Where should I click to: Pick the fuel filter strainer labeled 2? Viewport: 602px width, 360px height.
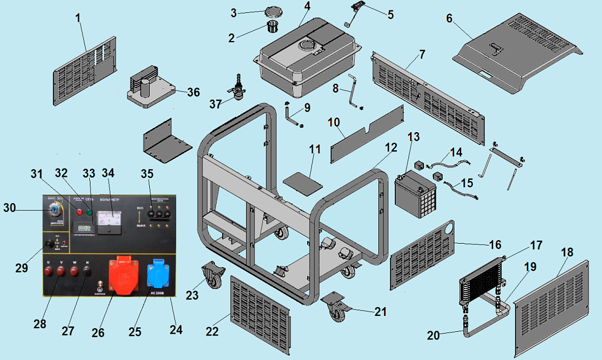[272, 27]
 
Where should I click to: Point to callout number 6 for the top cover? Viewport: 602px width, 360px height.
[449, 18]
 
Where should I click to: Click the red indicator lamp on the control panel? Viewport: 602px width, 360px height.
[80, 211]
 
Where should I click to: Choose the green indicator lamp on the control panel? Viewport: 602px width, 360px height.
[90, 211]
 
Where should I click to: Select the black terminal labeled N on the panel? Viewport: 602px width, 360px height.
[87, 271]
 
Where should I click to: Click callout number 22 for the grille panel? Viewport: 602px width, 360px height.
[212, 331]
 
